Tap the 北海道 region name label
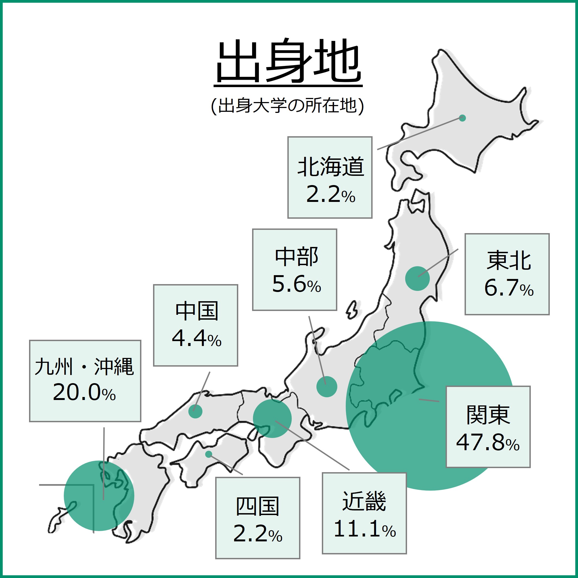331,167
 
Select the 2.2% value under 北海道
331,195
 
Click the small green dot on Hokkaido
462,118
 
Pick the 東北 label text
509,261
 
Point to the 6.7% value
509,288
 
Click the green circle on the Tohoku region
417,278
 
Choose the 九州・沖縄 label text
84,367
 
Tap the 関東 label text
488,415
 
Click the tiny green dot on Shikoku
208,455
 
